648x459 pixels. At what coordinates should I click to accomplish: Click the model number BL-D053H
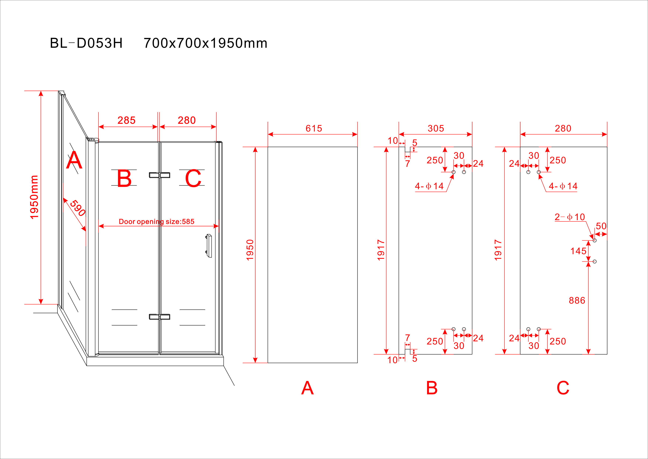point(86,43)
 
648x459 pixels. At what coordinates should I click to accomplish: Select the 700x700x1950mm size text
point(205,43)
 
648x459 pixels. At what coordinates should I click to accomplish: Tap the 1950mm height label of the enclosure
point(34,197)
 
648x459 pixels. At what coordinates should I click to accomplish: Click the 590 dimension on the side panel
point(78,208)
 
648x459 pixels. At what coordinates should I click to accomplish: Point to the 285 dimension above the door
point(126,120)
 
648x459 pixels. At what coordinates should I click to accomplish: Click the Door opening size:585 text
point(157,222)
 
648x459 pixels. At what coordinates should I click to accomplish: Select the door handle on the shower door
point(209,246)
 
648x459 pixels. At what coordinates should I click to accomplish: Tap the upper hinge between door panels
point(159,175)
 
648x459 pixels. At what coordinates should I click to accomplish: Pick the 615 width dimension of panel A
point(314,129)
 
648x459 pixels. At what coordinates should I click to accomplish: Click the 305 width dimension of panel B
point(436,129)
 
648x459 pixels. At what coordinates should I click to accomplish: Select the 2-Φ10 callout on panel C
point(569,217)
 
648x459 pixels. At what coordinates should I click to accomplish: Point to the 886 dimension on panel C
point(577,300)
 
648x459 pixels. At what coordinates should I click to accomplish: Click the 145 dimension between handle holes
point(578,251)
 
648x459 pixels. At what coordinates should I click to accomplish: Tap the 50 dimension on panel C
point(601,226)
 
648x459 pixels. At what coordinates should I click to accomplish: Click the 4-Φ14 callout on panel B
point(429,186)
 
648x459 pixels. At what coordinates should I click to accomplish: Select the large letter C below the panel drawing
point(563,388)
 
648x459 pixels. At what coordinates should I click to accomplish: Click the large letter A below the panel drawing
point(307,388)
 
